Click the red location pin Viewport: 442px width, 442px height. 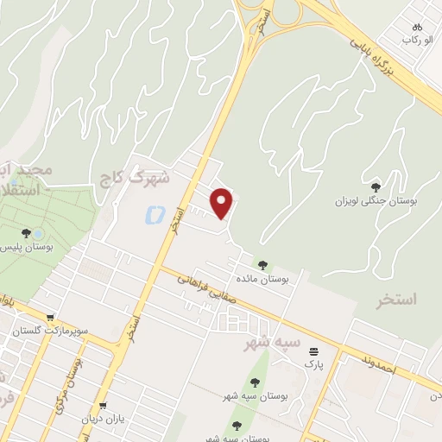(x=223, y=202)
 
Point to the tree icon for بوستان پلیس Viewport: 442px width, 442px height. (x=26, y=233)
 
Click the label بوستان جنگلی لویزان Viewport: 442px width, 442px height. (x=376, y=200)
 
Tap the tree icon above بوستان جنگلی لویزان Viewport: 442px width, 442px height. (x=376, y=186)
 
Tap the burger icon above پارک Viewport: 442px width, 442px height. (x=312, y=351)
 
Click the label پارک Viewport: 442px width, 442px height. (x=312, y=364)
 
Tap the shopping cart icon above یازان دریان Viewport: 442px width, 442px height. (x=104, y=406)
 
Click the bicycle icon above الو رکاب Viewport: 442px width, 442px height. (x=418, y=27)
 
